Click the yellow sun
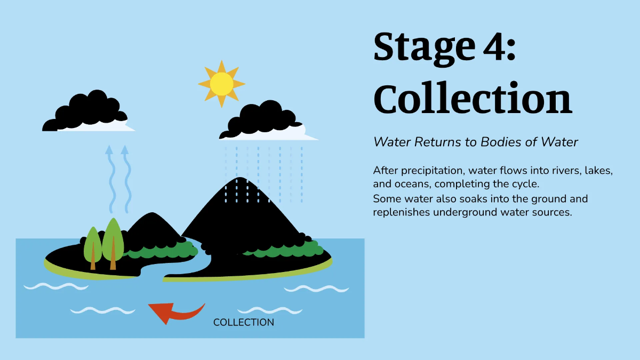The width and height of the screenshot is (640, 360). (x=221, y=84)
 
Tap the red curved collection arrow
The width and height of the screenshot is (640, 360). (x=173, y=312)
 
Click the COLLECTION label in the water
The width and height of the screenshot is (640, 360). (x=244, y=322)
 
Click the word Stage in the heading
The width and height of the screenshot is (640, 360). (x=416, y=47)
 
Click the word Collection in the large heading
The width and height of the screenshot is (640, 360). (x=473, y=99)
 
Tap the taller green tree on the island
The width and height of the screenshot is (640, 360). (x=113, y=240)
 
